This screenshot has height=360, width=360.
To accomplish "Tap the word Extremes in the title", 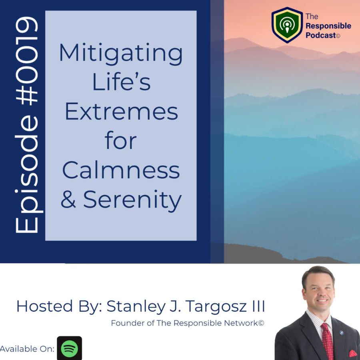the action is tap(122, 112).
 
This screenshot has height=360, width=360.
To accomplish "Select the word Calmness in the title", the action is tap(121, 170).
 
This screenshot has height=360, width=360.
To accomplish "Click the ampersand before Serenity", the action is tap(68, 199).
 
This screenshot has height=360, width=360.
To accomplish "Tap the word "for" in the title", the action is tap(121, 140).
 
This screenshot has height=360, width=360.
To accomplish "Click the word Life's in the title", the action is tap(121, 82).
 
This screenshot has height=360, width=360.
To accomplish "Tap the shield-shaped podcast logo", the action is tap(287, 25).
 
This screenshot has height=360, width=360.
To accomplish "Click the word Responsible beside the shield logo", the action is tap(328, 26).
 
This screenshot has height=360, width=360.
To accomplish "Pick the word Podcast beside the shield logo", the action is tap(321, 35).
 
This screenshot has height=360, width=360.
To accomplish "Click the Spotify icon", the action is tap(69, 348).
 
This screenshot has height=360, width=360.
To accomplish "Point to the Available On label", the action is tap(27, 349).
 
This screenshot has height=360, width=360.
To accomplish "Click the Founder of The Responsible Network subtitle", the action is tap(188, 323).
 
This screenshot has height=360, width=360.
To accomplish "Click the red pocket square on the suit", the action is tap(352, 354).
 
